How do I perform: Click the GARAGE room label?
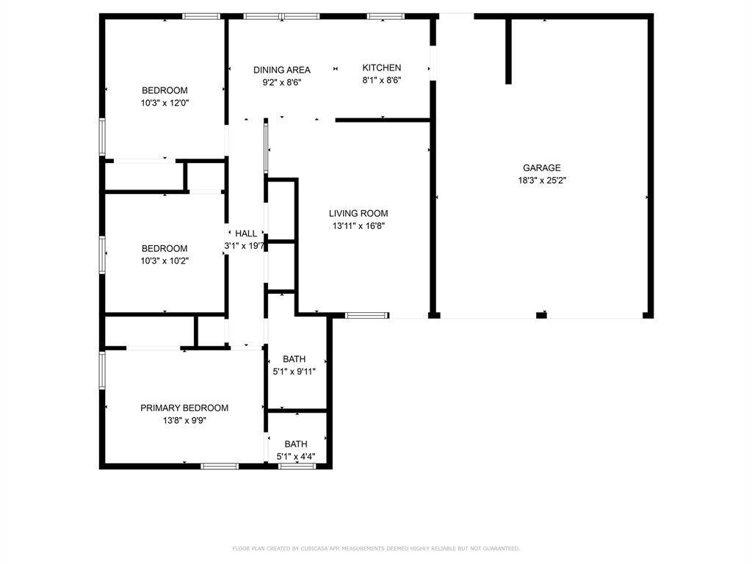click(541, 167)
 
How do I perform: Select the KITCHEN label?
click(381, 68)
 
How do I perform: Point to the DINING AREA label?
click(282, 70)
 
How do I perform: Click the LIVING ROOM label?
click(358, 214)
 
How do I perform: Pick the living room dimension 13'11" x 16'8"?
click(358, 226)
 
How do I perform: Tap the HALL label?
click(246, 234)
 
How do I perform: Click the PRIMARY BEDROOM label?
click(184, 408)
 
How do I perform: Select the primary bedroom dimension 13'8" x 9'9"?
click(184, 421)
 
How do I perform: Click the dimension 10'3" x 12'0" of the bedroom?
click(165, 103)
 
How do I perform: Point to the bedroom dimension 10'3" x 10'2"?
click(165, 261)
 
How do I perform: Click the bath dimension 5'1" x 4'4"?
click(296, 457)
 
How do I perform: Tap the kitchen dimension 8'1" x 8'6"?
click(381, 80)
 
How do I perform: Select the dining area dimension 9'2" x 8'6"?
click(282, 82)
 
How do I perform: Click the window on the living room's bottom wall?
click(366, 317)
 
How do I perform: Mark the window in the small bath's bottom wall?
click(297, 466)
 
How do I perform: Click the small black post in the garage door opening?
click(541, 316)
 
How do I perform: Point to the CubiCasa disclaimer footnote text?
click(375, 549)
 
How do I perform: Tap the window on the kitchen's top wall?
click(386, 16)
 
